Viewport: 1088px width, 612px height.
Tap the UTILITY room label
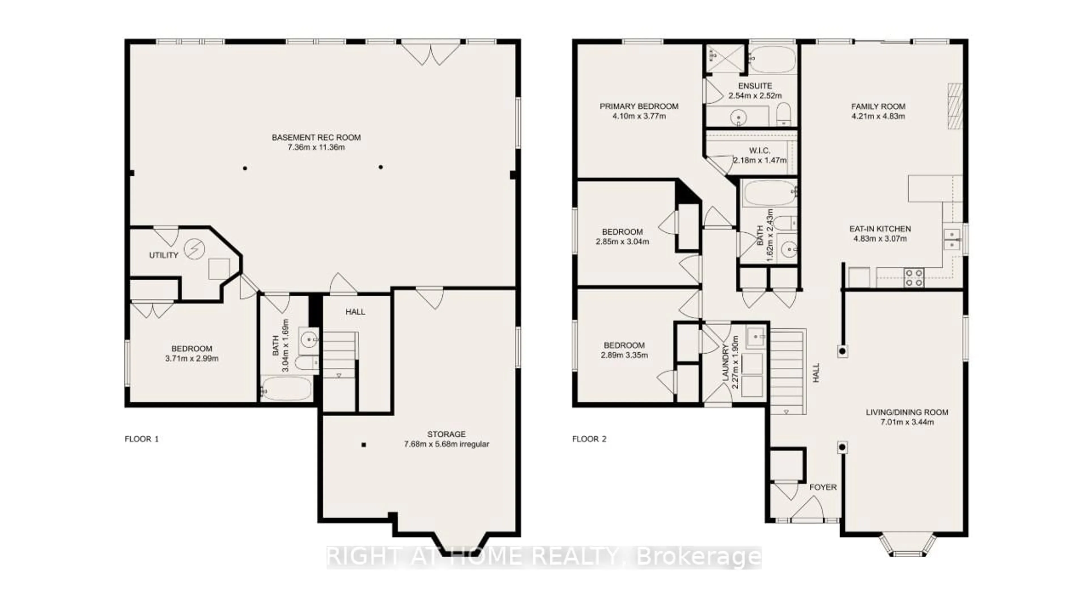(x=163, y=255)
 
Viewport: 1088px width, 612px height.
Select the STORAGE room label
(x=447, y=434)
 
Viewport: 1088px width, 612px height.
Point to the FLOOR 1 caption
(x=141, y=439)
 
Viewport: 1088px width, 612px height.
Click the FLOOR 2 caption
(x=589, y=439)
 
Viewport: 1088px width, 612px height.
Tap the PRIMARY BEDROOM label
(x=639, y=107)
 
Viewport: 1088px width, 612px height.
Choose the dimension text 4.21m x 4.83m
(x=878, y=116)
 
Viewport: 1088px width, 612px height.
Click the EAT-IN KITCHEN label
(x=880, y=229)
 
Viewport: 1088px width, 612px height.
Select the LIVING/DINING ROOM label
(x=907, y=412)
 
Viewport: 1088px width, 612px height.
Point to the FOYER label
(x=823, y=487)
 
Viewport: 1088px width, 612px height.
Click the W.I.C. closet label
(x=760, y=150)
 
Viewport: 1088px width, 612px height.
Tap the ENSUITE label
(x=755, y=86)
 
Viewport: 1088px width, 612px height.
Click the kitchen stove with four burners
(x=913, y=278)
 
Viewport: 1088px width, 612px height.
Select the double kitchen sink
(x=952, y=239)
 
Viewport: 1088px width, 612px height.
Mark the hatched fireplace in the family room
(x=955, y=107)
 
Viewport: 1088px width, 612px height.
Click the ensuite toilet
(x=784, y=114)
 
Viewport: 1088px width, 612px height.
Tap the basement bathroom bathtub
(x=286, y=388)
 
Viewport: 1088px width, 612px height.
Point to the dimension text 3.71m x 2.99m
(x=192, y=359)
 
